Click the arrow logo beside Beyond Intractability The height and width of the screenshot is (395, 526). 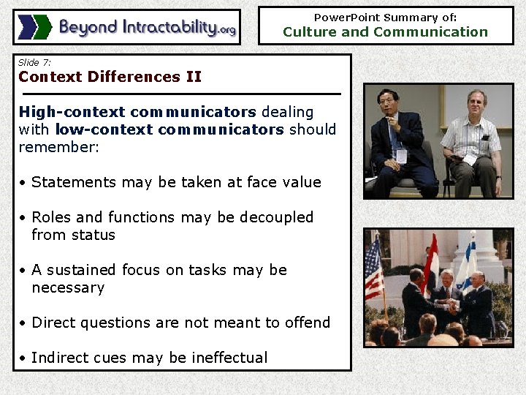pos(35,27)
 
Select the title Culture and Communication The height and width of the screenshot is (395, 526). pos(385,31)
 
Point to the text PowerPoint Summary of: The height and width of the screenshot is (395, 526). pos(385,17)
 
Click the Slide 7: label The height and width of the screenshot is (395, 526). pos(34,63)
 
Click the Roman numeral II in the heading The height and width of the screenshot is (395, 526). pos(194,77)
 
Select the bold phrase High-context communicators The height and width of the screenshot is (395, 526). pos(137,112)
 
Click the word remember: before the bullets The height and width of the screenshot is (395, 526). pos(58,147)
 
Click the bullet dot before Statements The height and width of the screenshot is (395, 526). pos(23,183)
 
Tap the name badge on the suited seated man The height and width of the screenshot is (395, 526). pos(400,155)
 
